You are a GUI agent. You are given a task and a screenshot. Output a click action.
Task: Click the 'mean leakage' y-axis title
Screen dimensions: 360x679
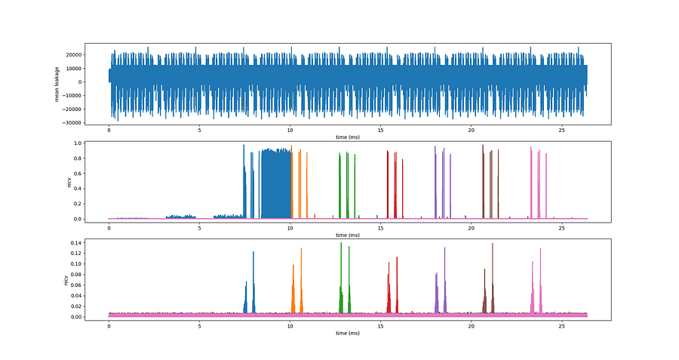pyautogui.click(x=57, y=84)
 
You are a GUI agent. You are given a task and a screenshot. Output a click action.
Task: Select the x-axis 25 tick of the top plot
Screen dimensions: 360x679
pyautogui.click(x=562, y=129)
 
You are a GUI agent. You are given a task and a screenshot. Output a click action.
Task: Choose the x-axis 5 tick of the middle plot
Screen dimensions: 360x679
pyautogui.click(x=199, y=227)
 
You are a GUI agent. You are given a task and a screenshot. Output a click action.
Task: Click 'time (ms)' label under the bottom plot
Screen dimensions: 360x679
pyautogui.click(x=348, y=333)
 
